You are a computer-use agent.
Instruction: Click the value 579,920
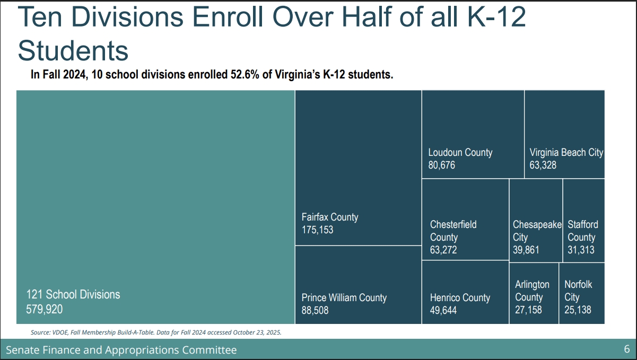tap(44, 309)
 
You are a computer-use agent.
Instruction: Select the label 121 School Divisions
tap(73, 294)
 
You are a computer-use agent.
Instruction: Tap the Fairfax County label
tap(330, 217)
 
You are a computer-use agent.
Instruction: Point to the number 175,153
tap(317, 230)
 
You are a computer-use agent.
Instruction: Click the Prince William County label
tap(344, 297)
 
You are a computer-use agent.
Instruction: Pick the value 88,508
tap(315, 310)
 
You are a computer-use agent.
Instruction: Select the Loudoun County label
tap(460, 152)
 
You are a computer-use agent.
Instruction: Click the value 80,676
tap(442, 165)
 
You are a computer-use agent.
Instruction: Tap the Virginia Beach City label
tap(566, 152)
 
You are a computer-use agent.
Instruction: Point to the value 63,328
tap(543, 165)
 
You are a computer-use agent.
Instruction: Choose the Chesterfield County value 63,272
tap(443, 250)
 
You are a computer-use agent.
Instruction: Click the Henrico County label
tap(460, 297)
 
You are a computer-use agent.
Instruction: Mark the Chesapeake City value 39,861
tap(526, 250)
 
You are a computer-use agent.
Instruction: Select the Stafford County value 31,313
tap(581, 250)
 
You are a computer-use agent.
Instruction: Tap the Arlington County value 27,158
tap(528, 310)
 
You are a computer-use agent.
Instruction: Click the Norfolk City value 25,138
tap(578, 310)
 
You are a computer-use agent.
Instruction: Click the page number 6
tap(626, 349)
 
